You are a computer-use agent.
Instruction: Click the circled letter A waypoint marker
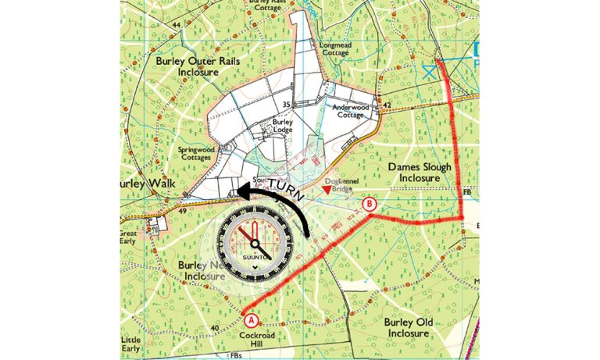(250, 319)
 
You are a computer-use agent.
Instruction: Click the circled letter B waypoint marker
(370, 205)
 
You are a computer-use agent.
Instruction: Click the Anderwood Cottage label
(355, 111)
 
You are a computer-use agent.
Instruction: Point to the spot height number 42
(386, 104)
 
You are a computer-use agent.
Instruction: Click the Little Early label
(132, 344)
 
